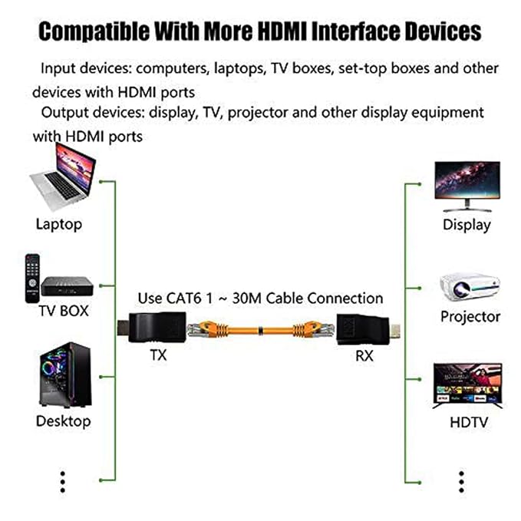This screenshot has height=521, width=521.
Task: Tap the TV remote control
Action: (32, 279)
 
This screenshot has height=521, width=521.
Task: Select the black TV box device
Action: (67, 286)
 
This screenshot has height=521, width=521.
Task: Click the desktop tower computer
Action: (65, 374)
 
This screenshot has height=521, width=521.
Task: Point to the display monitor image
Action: (467, 186)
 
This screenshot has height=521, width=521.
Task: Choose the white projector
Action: (470, 287)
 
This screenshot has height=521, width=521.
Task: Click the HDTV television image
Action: (468, 386)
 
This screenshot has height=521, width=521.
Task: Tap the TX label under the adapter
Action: (159, 355)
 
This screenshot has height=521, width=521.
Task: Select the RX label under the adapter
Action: (364, 356)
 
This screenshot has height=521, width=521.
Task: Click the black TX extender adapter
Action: (152, 328)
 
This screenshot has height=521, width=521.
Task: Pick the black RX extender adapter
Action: (368, 330)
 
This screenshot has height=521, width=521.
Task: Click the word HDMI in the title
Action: (282, 31)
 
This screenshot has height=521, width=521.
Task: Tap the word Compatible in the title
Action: (94, 31)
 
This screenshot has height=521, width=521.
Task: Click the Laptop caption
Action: (59, 224)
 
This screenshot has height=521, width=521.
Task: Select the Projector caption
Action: (470, 317)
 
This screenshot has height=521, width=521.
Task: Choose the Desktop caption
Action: (63, 421)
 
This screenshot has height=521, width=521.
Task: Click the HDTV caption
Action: (469, 423)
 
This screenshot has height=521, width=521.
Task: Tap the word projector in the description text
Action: (258, 113)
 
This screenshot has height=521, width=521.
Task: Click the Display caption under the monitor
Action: (467, 225)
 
